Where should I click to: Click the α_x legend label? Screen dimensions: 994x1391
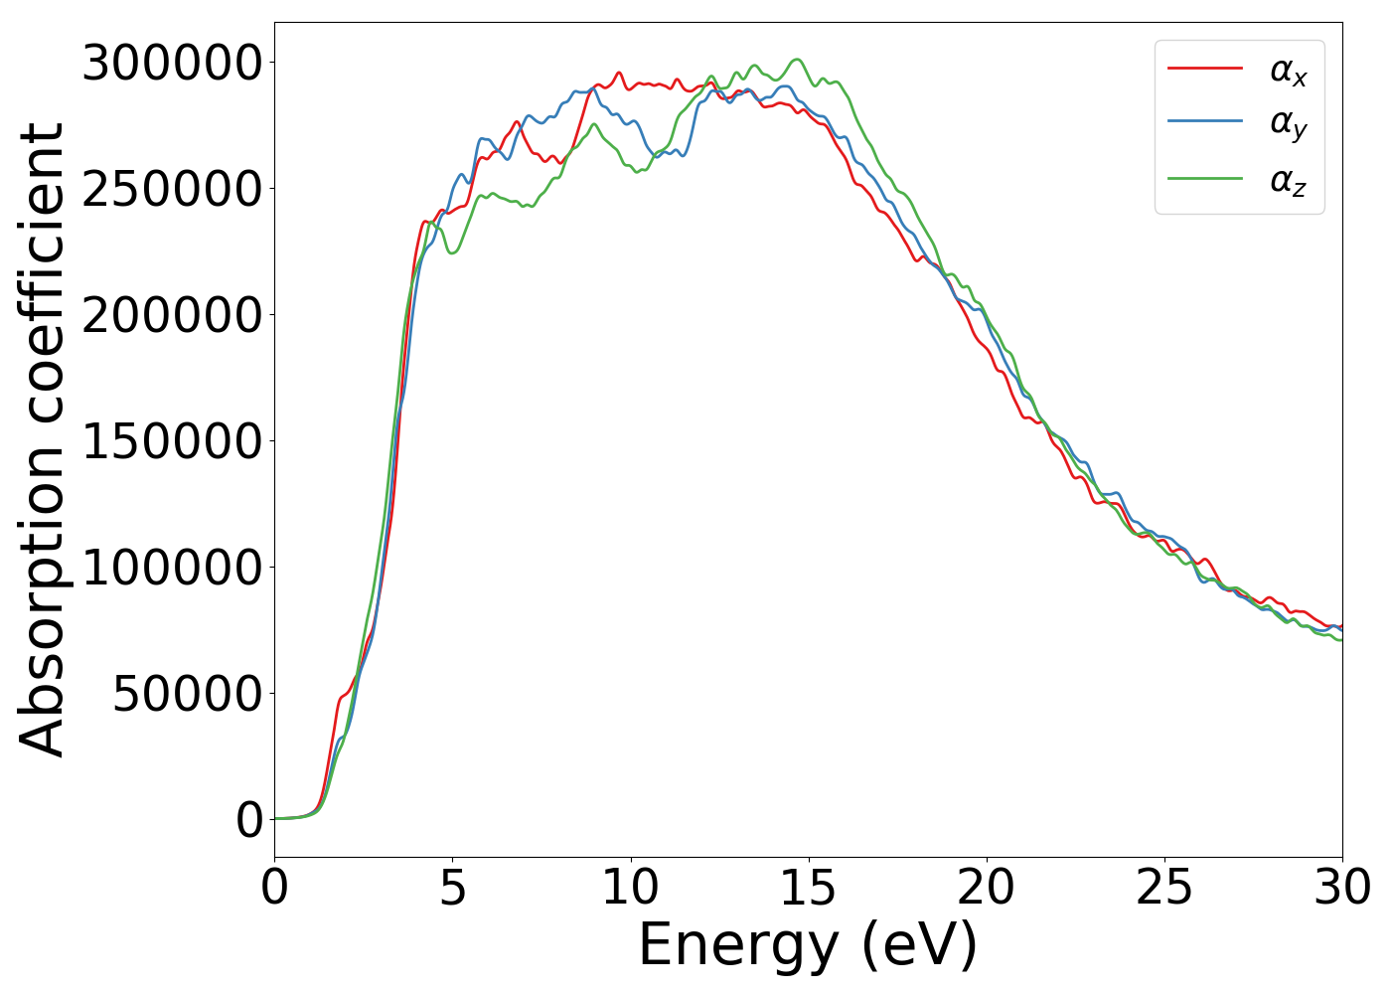click(1288, 71)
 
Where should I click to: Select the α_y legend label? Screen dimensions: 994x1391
click(1288, 125)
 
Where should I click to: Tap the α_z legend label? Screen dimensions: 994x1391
click(1288, 181)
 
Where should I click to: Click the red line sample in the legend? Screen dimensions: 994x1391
click(1204, 68)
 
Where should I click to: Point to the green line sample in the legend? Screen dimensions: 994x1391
click(1204, 179)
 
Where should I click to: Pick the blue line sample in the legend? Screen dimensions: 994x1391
click(1204, 121)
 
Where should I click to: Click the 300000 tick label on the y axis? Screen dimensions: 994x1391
click(172, 64)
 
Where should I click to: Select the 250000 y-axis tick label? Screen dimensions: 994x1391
click(172, 189)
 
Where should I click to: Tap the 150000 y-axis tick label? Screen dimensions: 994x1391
click(172, 441)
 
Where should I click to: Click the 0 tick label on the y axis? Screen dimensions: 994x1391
click(250, 820)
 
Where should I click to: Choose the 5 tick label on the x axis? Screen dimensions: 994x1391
click(453, 888)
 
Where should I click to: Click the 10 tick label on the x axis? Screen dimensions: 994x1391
click(630, 888)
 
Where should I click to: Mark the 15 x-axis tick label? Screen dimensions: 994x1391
click(808, 888)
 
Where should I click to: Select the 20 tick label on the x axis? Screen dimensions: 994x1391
click(987, 888)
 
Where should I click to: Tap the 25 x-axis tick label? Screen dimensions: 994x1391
click(1164, 888)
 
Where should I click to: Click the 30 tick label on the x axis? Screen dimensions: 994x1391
click(1341, 888)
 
